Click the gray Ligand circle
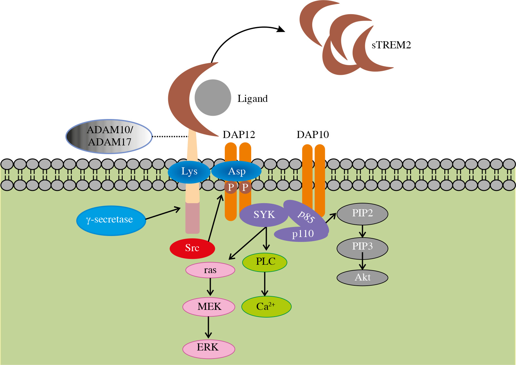tap(213, 98)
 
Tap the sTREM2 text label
tap(391, 45)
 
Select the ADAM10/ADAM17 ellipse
tap(109, 136)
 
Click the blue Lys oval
tap(189, 172)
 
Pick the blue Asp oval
tap(236, 171)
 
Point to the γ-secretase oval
tap(111, 220)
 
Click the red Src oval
tap(192, 248)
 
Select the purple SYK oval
tap(263, 214)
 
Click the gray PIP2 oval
tap(362, 213)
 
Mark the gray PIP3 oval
tap(362, 247)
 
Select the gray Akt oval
tap(362, 278)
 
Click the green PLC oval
tap(265, 262)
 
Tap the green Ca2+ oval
tap(266, 307)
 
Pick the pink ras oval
tap(210, 270)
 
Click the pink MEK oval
tap(209, 307)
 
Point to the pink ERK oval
tap(208, 348)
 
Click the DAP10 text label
tap(313, 135)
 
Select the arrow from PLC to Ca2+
tap(265, 284)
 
